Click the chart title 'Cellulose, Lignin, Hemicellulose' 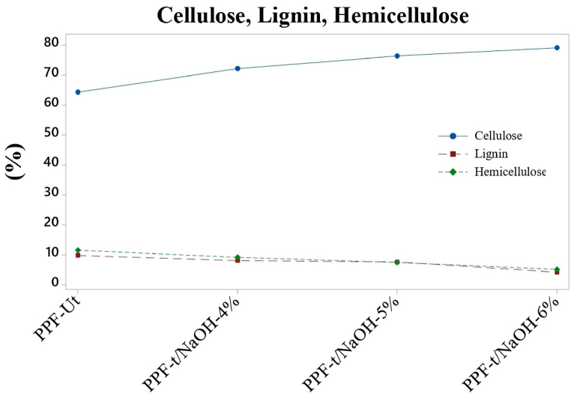(x=312, y=15)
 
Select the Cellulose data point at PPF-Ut (x=78, y=92)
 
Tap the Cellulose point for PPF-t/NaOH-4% (x=238, y=68)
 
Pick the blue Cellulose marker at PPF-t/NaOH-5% (x=397, y=55)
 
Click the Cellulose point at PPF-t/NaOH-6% (x=557, y=48)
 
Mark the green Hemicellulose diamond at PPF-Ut (x=78, y=250)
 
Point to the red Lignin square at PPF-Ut (x=78, y=256)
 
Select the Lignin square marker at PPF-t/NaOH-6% (x=557, y=271)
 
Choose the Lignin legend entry (x=491, y=154)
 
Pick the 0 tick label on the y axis (x=54, y=283)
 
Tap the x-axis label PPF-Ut (x=58, y=320)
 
